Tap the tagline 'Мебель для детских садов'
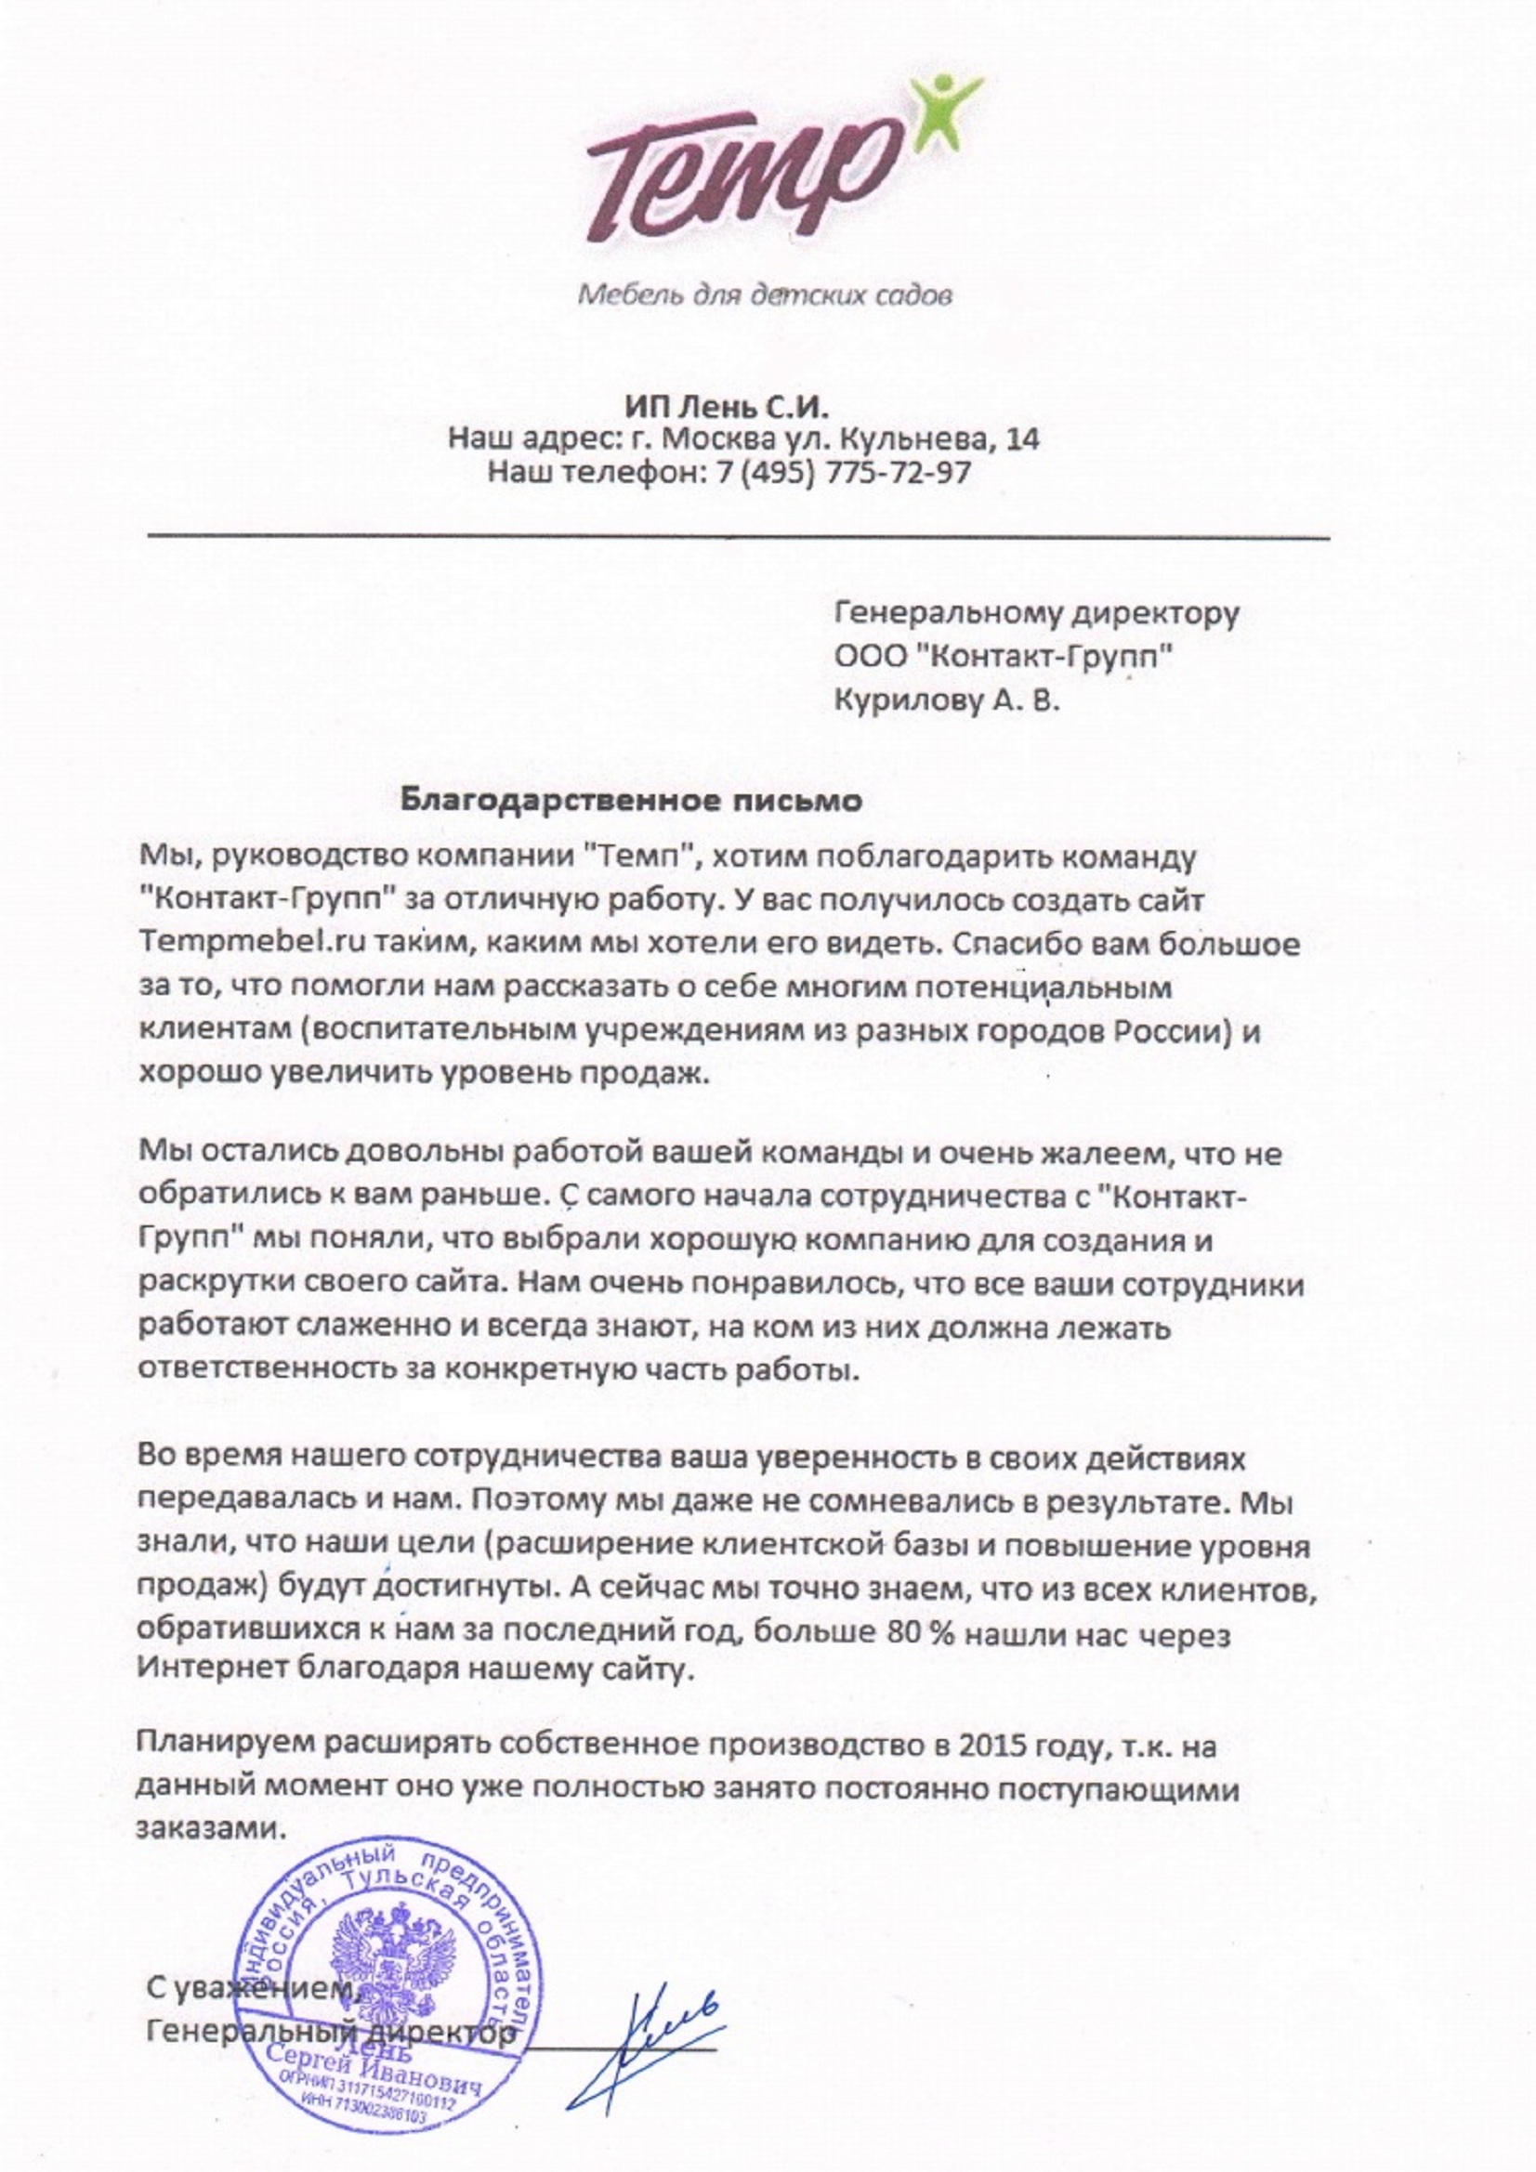tap(765, 296)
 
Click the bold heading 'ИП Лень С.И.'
tap(726, 407)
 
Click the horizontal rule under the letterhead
tap(738, 538)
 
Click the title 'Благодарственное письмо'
tap(631, 800)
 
